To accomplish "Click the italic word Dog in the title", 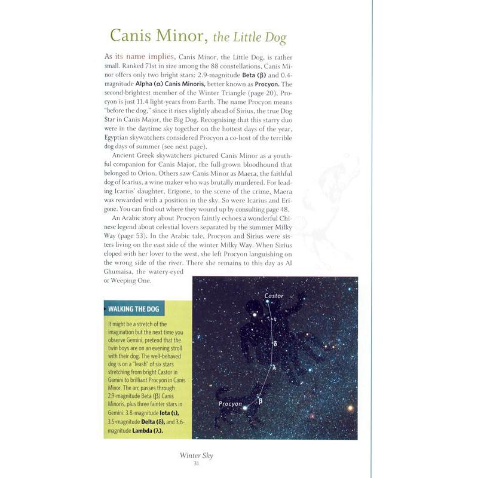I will [x=271, y=39].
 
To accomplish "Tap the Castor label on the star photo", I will [x=275, y=296].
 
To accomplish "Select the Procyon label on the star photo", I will [x=231, y=404].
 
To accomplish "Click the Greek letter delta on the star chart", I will [x=274, y=344].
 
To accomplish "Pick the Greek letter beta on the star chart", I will [x=261, y=401].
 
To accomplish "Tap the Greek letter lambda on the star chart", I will [x=274, y=367].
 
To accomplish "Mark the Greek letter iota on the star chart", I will [x=275, y=320].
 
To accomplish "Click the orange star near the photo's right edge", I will [x=351, y=409].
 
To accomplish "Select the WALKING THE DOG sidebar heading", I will [x=135, y=310].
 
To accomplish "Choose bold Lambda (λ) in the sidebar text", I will [x=147, y=431].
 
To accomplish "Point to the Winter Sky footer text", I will [x=197, y=456].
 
